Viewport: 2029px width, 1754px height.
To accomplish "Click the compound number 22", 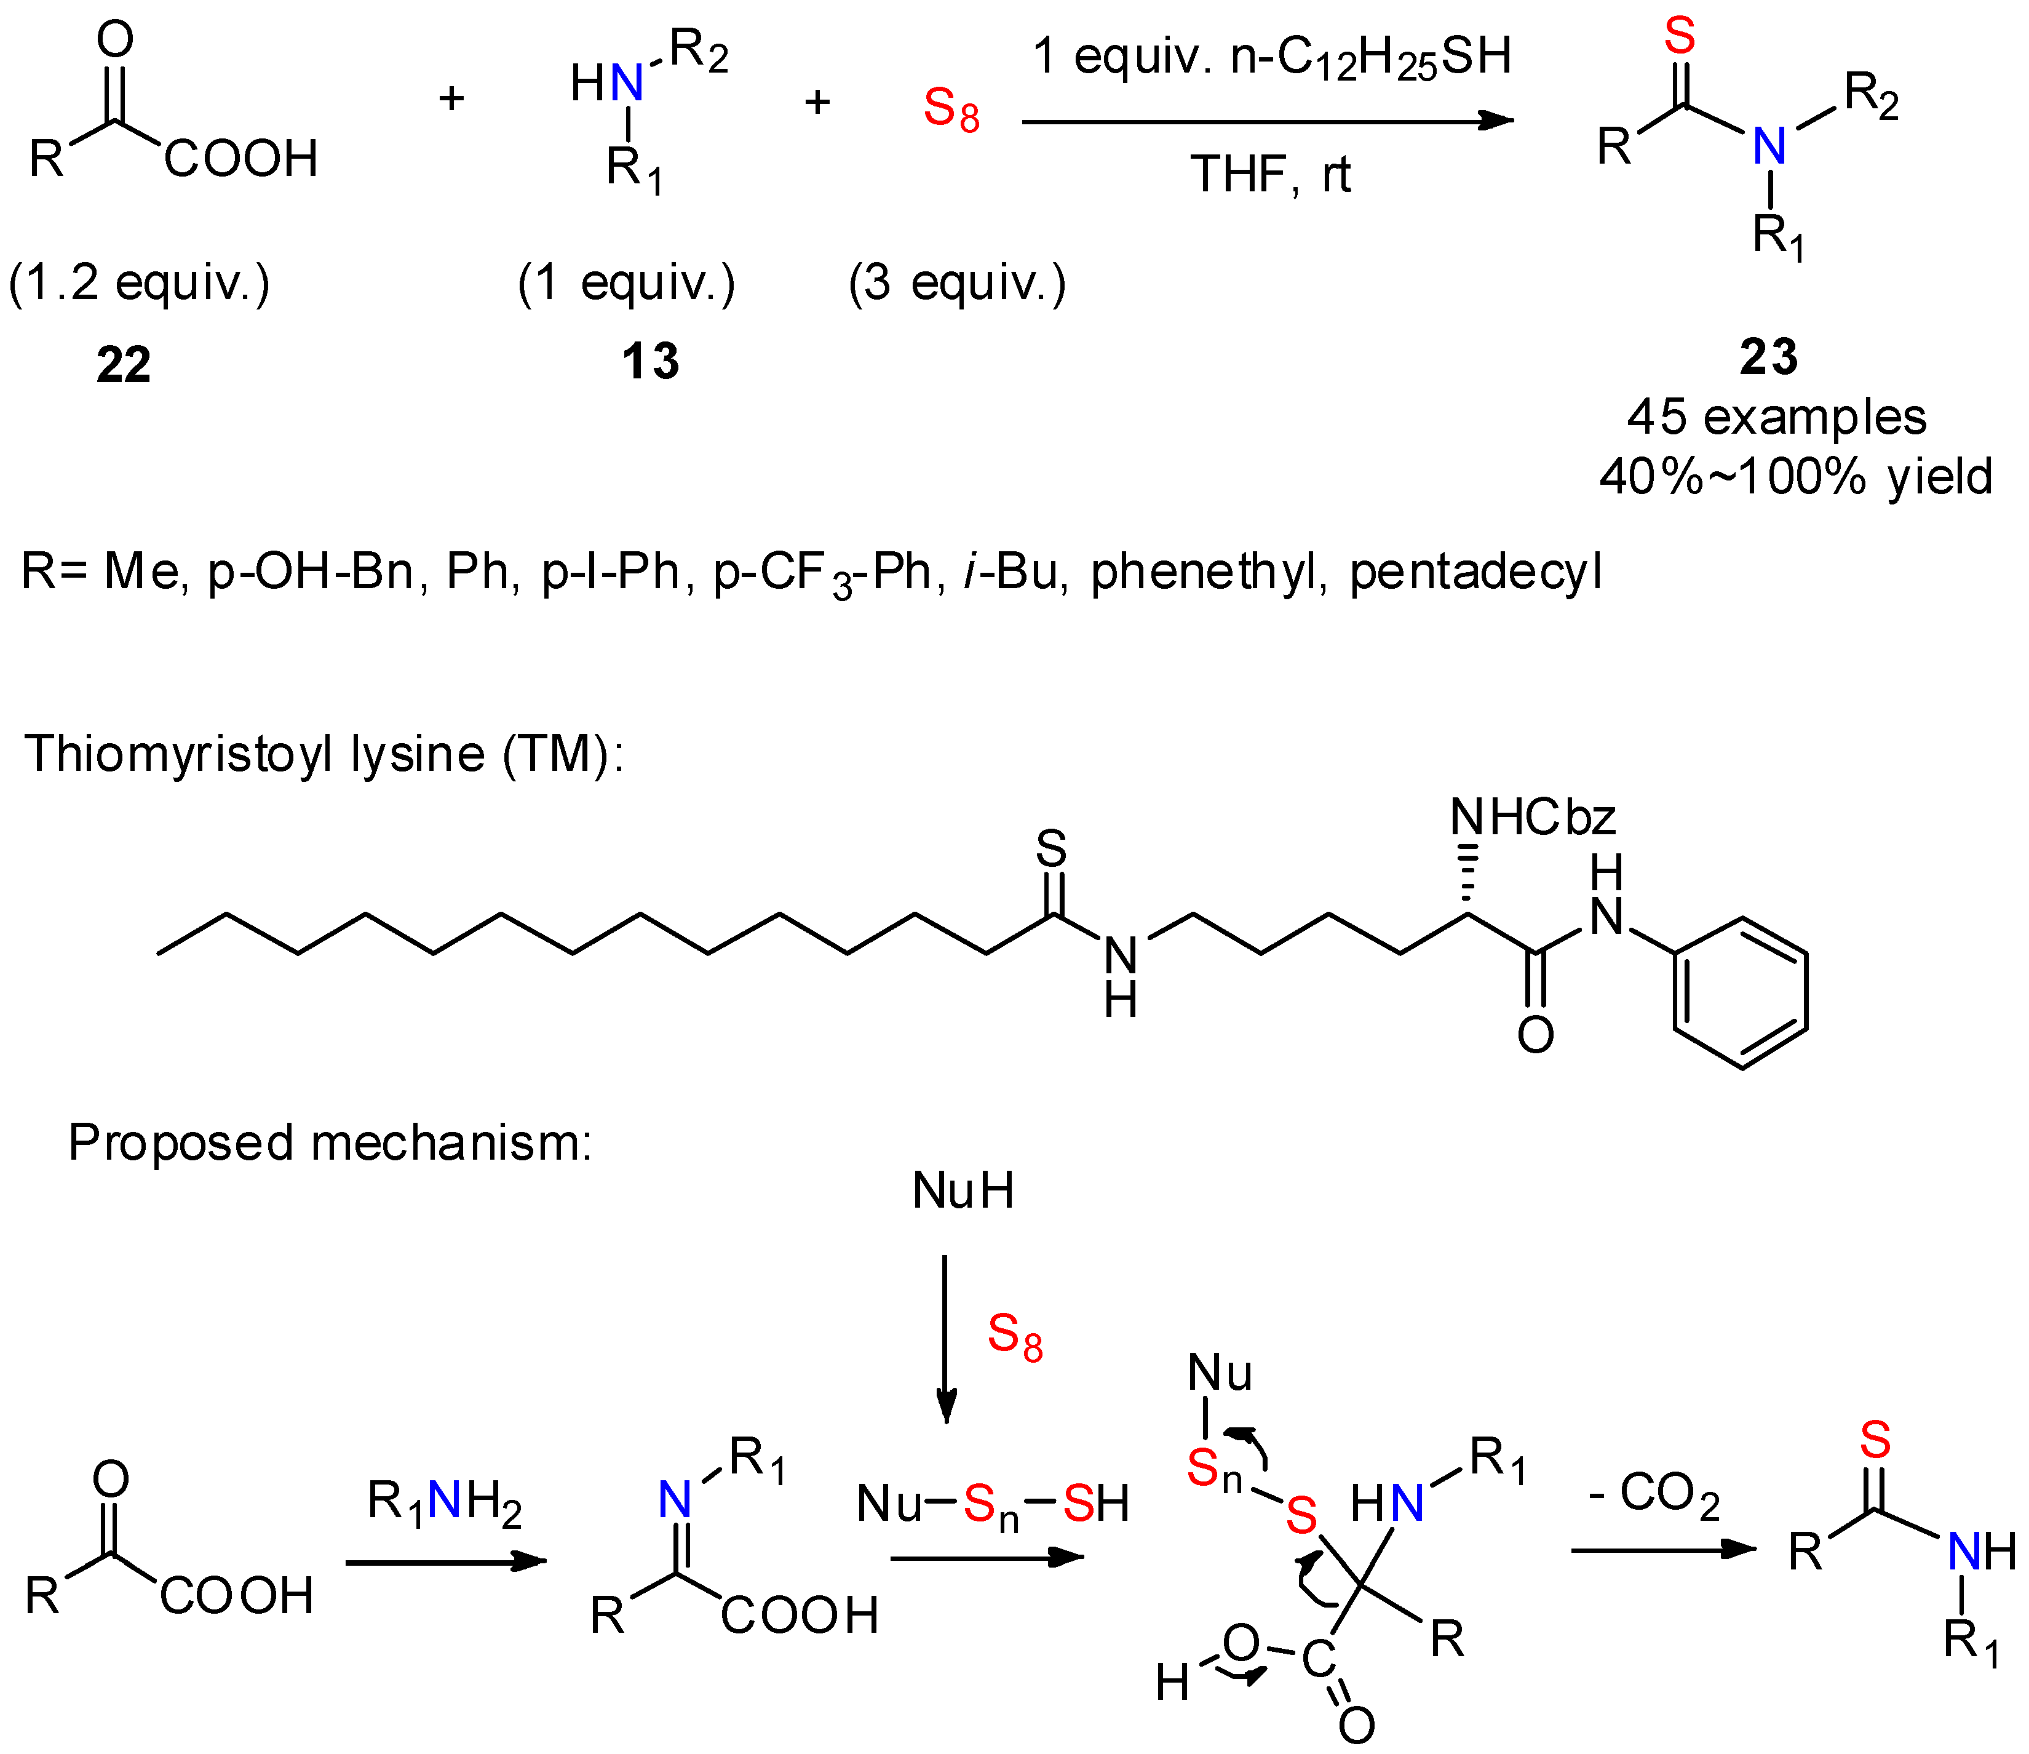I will click(x=124, y=364).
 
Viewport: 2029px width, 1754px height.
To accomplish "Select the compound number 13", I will click(x=650, y=361).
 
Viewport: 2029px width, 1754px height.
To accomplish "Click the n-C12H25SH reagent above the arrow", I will click(x=1371, y=57).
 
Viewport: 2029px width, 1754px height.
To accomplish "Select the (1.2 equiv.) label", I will click(x=139, y=283).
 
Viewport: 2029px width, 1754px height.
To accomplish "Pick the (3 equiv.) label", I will click(x=957, y=283).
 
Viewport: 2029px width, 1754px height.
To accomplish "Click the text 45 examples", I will click(x=1776, y=417).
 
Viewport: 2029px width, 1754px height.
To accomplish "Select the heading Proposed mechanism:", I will click(x=330, y=1142).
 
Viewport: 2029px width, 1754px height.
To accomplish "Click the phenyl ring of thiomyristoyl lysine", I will click(x=1740, y=993).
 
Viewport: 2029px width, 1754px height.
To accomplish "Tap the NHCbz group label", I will click(x=1533, y=817).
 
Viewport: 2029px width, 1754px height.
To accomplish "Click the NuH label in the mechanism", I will click(x=963, y=1191).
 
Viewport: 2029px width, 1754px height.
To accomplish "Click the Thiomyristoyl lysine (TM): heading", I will click(x=323, y=754).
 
